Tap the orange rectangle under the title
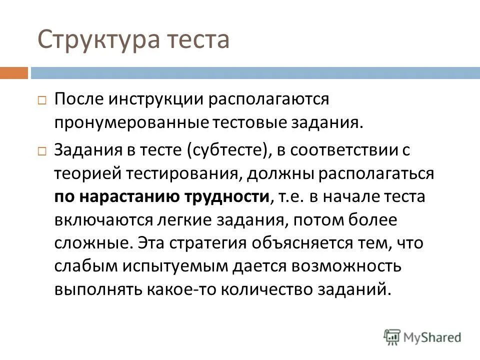[x=13, y=73]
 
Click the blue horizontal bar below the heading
[x=255, y=73]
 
